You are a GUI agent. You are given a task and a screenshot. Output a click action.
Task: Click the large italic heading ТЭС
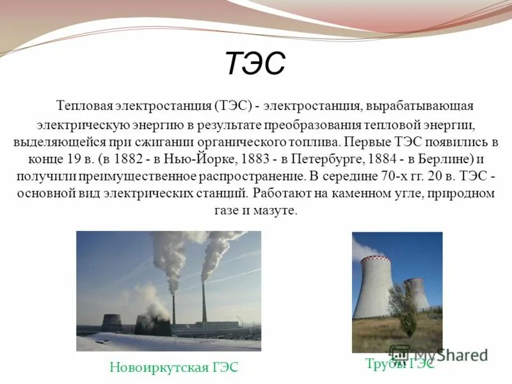(255, 65)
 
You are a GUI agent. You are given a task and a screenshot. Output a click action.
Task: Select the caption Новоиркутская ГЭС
(173, 367)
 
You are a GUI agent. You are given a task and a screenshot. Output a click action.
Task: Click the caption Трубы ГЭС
(400, 364)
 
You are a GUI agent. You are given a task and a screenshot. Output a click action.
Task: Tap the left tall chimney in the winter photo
(173, 307)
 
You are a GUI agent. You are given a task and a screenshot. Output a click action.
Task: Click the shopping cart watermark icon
(400, 353)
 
